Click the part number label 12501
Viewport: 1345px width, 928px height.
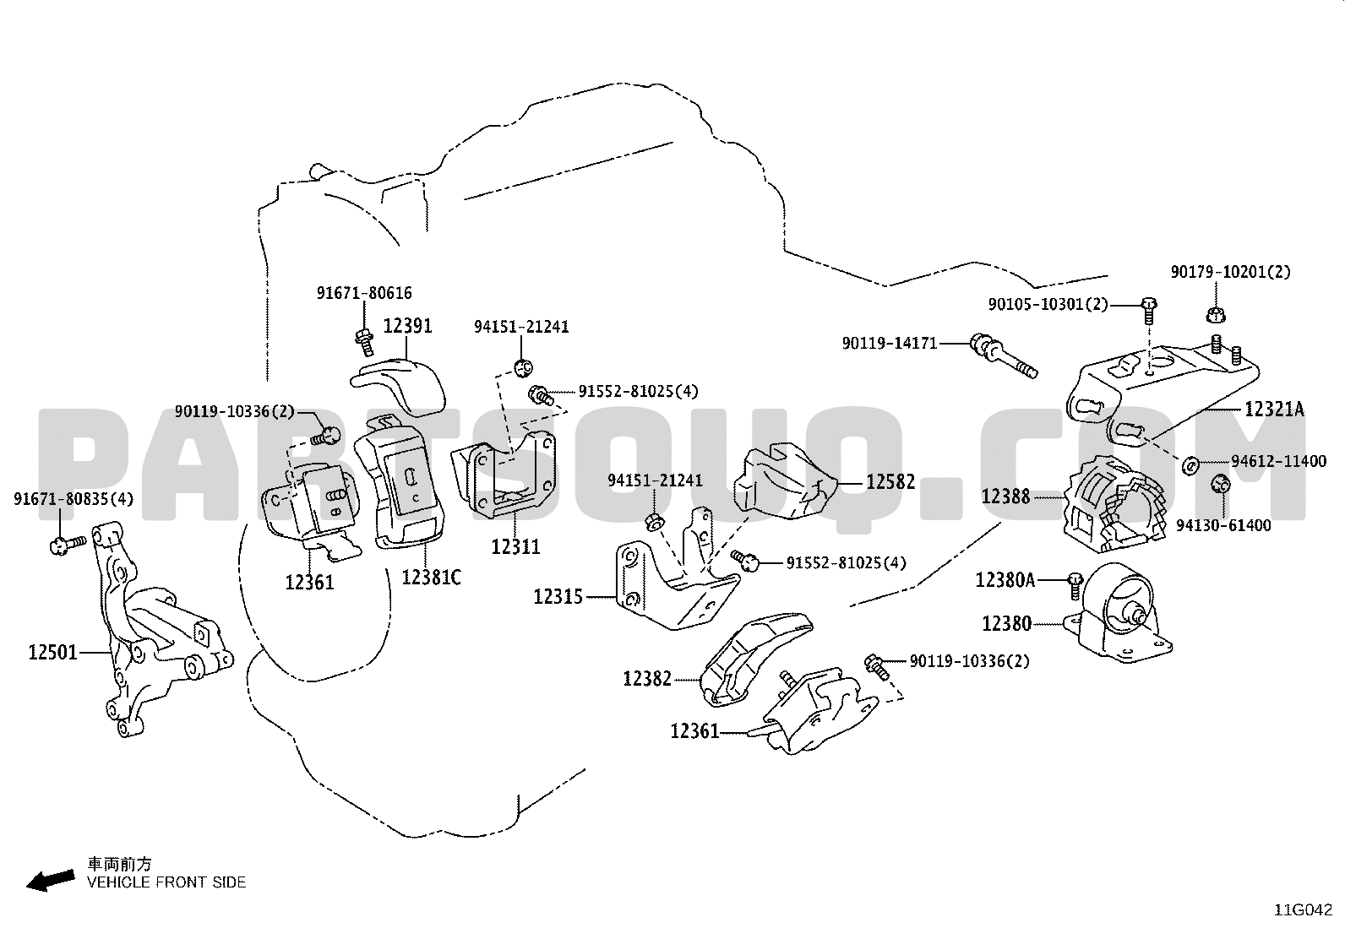click(53, 652)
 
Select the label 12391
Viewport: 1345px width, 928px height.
click(408, 326)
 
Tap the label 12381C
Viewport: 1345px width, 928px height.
click(431, 577)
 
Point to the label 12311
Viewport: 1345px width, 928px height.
click(516, 546)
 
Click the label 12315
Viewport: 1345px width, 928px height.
click(558, 597)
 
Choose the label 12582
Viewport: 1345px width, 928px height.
click(890, 481)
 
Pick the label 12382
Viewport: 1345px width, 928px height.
click(647, 679)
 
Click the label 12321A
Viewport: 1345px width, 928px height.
click(1274, 410)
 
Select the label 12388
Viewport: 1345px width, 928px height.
click(1005, 497)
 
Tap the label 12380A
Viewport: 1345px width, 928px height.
click(1005, 580)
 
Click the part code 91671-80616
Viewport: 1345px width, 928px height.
click(364, 293)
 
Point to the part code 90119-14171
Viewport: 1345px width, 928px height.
click(890, 344)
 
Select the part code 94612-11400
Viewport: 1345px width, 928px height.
click(1279, 461)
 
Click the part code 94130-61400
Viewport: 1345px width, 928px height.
click(1223, 525)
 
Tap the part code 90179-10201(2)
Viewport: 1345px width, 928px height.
click(1230, 272)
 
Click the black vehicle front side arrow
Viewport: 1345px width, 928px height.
click(51, 881)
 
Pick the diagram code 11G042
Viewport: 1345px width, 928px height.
click(1304, 910)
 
